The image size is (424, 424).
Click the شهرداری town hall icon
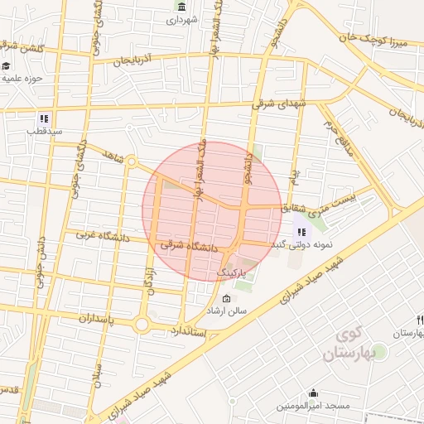[x=181, y=7]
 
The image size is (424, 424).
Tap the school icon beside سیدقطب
[x=44, y=118]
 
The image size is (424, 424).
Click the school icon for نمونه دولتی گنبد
[x=300, y=233]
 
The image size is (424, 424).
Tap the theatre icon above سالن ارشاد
[x=227, y=298]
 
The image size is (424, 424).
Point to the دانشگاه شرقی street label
[x=188, y=246]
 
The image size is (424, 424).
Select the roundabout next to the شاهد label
[x=131, y=162]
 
